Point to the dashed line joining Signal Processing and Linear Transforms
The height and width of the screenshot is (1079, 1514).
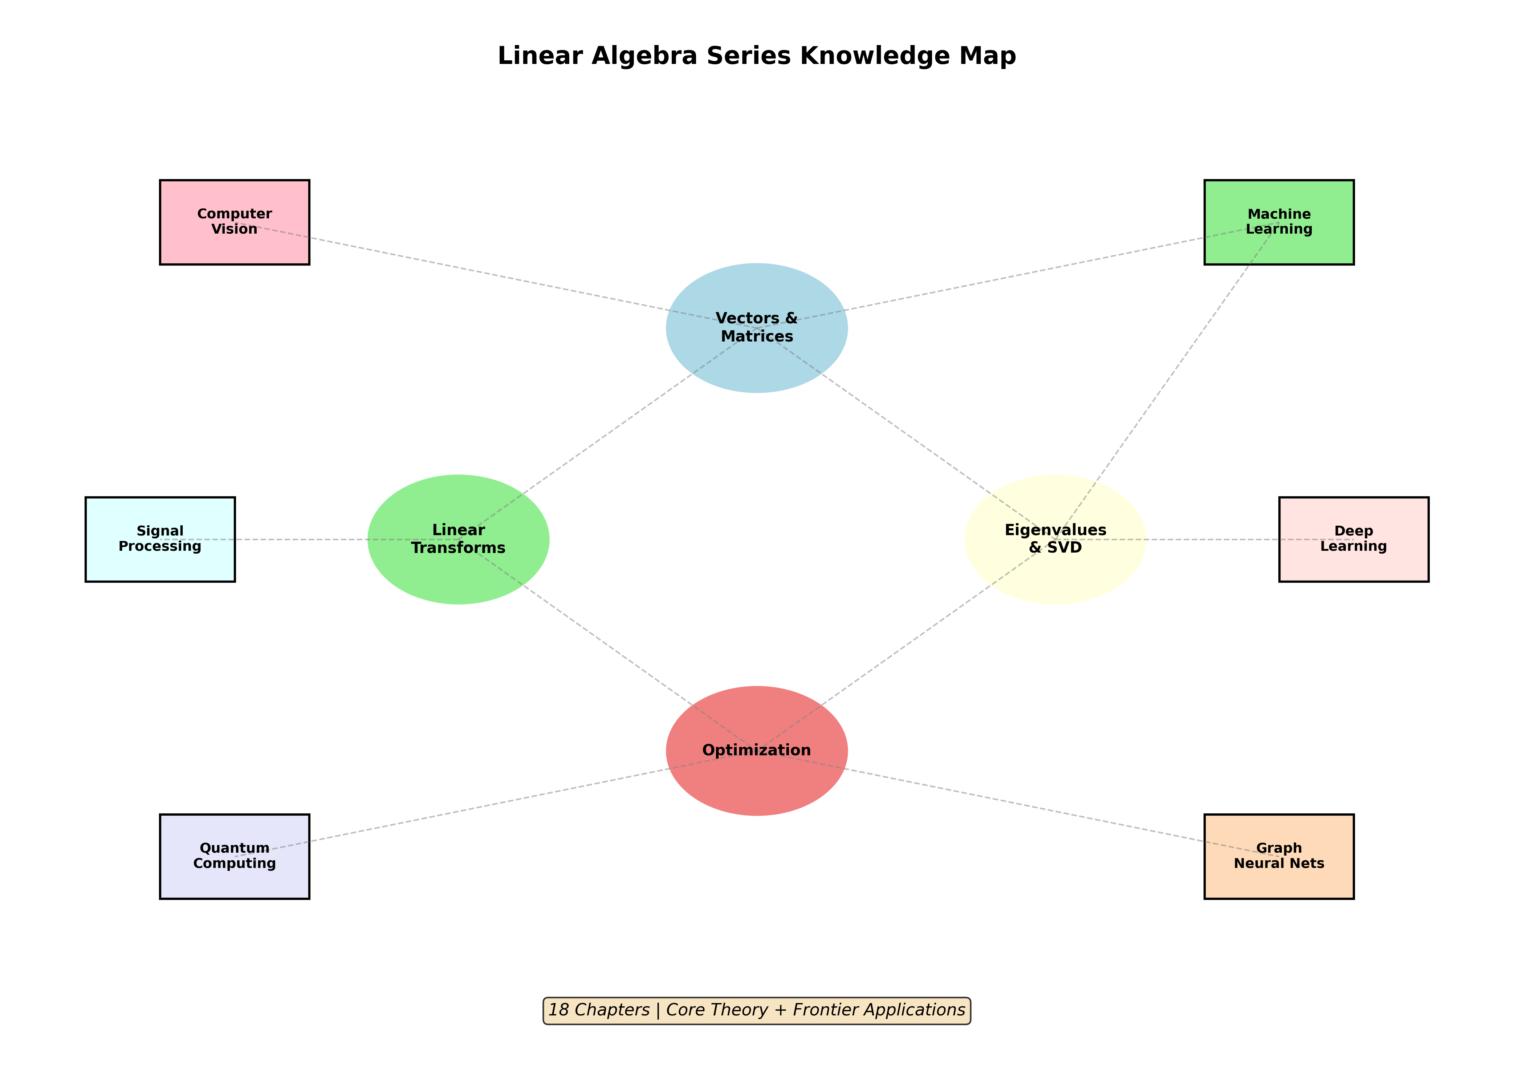(x=299, y=539)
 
